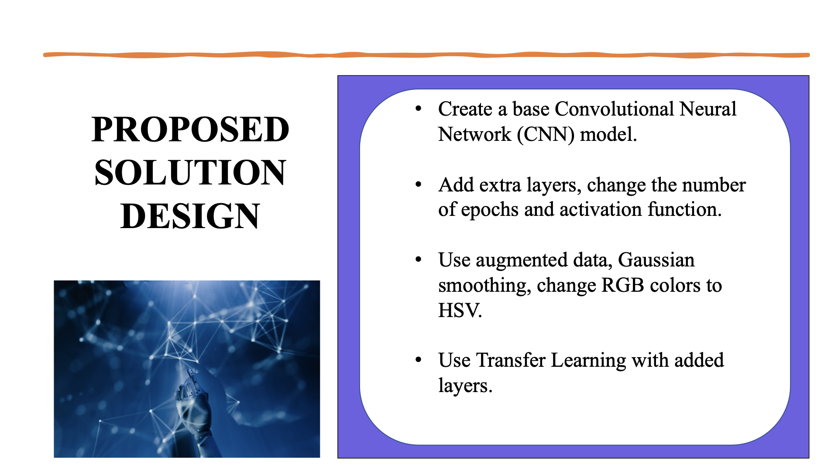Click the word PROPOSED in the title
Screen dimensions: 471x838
[190, 130]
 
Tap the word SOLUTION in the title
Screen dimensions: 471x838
[190, 173]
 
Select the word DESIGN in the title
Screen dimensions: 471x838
[190, 216]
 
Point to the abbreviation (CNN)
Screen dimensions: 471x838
[546, 134]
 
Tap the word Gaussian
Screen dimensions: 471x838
[656, 260]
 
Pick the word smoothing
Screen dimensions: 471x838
[484, 286]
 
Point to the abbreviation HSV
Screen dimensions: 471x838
[459, 311]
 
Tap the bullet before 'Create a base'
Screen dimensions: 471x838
[419, 109]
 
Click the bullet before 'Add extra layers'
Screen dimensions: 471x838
[419, 185]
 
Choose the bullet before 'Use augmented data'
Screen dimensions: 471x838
[419, 260]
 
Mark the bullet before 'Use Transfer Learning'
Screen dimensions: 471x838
[419, 360]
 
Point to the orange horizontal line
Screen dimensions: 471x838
[426, 55]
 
